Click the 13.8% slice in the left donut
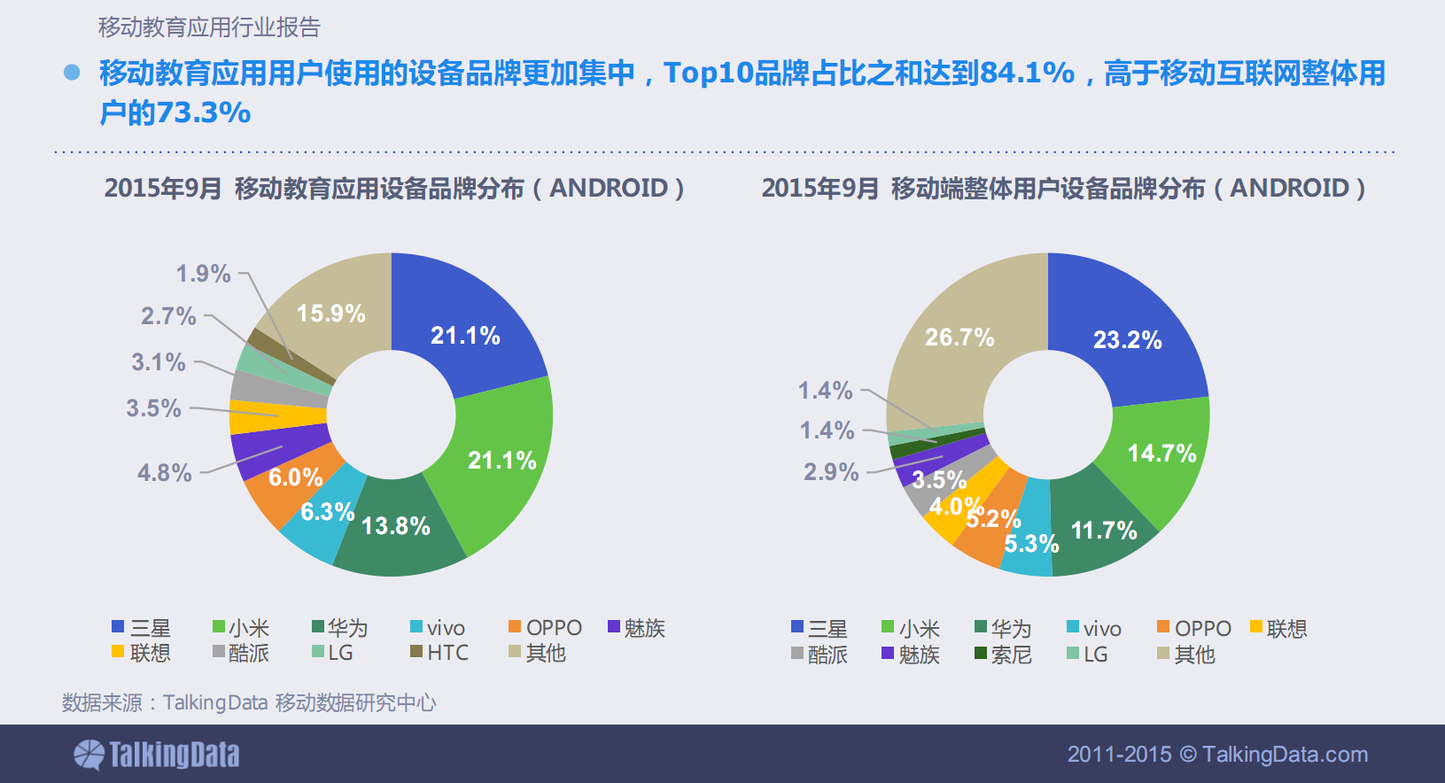click(x=396, y=526)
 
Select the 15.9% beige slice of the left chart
click(x=330, y=314)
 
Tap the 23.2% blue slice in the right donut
click(x=1127, y=339)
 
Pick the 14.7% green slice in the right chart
click(x=1161, y=454)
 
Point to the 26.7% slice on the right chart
click(x=959, y=337)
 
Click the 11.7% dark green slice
click(x=1103, y=531)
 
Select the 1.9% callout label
click(x=203, y=274)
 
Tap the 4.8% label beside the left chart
click(x=164, y=473)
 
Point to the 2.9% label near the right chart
click(x=831, y=472)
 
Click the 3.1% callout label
click(x=159, y=362)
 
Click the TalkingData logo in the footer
click(x=157, y=755)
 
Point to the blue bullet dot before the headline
click(x=72, y=73)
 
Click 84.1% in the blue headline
click(x=1028, y=73)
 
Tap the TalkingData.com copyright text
click(x=1217, y=755)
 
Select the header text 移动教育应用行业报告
click(x=209, y=27)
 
